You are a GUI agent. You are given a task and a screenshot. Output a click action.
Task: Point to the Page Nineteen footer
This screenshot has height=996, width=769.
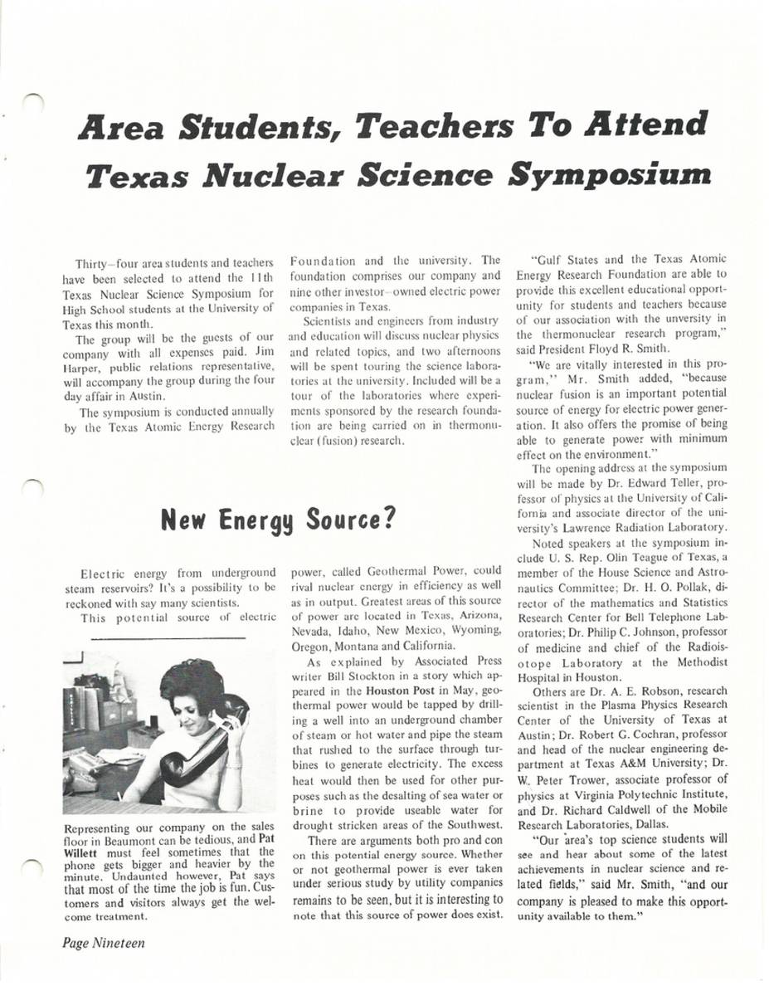click(102, 944)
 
